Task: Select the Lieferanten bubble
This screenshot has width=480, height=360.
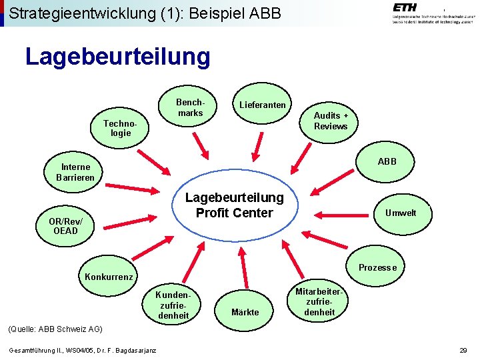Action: click(x=262, y=105)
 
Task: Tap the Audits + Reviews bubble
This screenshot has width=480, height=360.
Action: click(x=331, y=121)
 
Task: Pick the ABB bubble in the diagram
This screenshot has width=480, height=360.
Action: click(x=387, y=161)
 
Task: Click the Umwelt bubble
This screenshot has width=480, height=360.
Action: click(x=400, y=213)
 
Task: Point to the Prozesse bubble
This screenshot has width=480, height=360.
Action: click(x=377, y=267)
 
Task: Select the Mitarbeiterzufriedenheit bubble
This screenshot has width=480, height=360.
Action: click(x=319, y=302)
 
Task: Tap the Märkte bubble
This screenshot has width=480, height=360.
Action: click(x=245, y=312)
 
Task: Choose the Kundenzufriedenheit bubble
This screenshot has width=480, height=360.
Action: click(x=173, y=305)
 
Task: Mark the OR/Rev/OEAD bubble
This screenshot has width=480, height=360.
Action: click(x=66, y=226)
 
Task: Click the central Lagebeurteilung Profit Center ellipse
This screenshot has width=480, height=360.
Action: click(x=234, y=205)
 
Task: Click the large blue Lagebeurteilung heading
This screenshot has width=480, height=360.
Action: click(x=117, y=57)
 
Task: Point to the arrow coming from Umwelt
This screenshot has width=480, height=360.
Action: click(x=339, y=215)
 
